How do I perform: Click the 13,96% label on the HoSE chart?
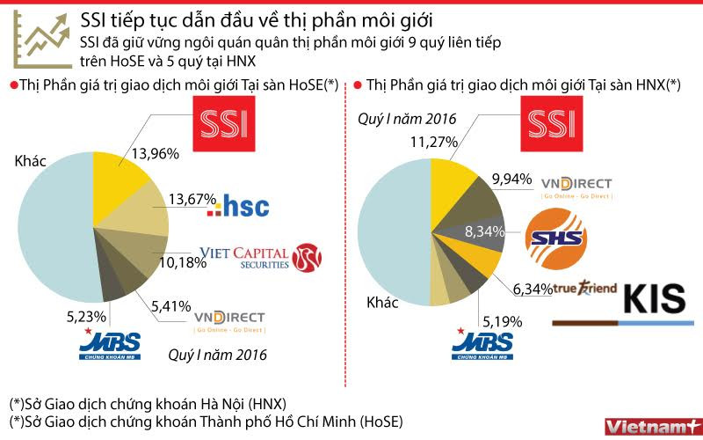[155, 153]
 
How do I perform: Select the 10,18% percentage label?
[170, 260]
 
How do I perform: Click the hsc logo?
[237, 207]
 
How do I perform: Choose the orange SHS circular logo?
[554, 237]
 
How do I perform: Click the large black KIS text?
[654, 298]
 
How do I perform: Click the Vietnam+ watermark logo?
[650, 425]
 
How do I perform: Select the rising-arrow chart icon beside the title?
[44, 40]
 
